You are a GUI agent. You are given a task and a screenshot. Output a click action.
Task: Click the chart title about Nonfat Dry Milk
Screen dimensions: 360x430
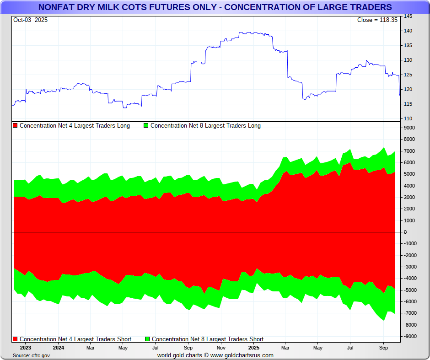(x=215, y=7)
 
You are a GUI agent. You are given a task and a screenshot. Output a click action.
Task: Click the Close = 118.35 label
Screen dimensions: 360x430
(x=377, y=20)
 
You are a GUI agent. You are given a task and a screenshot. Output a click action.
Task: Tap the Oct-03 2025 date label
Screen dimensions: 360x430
(x=30, y=20)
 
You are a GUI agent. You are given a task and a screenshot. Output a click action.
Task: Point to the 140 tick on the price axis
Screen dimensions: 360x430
(x=408, y=31)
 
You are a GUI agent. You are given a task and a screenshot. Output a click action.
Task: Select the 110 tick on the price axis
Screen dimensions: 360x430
(x=408, y=118)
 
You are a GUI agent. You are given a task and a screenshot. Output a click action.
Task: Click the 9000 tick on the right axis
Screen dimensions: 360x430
(x=409, y=128)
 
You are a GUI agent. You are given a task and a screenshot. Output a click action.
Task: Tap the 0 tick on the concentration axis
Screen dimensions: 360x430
(x=405, y=232)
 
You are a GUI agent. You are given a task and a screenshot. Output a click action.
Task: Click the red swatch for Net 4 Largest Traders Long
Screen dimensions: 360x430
(x=16, y=126)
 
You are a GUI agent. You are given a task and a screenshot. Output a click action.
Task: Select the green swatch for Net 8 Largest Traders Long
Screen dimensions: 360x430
(x=146, y=126)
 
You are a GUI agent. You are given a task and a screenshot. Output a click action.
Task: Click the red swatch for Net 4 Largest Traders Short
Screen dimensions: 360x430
(x=16, y=339)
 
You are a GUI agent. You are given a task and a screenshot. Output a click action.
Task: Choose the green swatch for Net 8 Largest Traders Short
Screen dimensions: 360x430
(x=147, y=339)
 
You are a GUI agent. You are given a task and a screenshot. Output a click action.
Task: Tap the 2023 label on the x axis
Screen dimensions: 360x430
(x=25, y=348)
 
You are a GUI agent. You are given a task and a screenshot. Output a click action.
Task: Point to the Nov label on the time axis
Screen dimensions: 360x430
(x=220, y=348)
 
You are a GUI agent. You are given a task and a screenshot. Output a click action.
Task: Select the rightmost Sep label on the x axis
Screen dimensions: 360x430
(x=383, y=348)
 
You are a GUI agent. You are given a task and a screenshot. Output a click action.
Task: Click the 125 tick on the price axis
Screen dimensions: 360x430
(x=408, y=75)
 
